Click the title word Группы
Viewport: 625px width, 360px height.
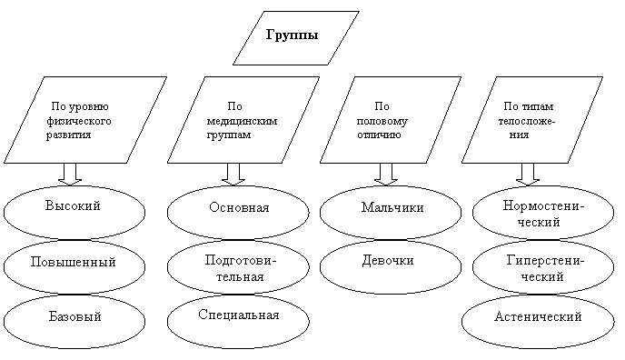(x=292, y=35)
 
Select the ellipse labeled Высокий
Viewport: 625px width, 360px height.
(x=74, y=212)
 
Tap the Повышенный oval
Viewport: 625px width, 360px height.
(x=74, y=266)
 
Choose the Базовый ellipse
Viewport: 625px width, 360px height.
(x=74, y=321)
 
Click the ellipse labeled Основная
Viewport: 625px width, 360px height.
(x=238, y=212)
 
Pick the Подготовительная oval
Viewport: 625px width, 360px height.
(x=238, y=266)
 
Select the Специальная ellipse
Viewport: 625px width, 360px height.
(x=238, y=321)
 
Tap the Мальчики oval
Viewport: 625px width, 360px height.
(x=391, y=212)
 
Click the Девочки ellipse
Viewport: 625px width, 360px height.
(x=391, y=266)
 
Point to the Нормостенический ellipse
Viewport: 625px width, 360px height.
(x=543, y=212)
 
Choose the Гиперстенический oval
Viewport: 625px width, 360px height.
(x=543, y=266)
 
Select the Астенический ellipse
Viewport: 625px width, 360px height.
(x=538, y=321)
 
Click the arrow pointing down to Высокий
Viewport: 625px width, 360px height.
(x=70, y=175)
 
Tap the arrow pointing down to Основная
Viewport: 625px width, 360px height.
(x=233, y=175)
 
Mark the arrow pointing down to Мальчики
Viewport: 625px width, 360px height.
(x=386, y=175)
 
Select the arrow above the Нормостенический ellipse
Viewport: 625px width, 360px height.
(x=528, y=175)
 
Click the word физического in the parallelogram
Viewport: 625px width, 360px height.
(x=79, y=121)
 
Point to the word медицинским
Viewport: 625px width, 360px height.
(x=242, y=121)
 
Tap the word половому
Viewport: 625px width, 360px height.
(x=382, y=121)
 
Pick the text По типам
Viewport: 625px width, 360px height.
(x=529, y=106)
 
